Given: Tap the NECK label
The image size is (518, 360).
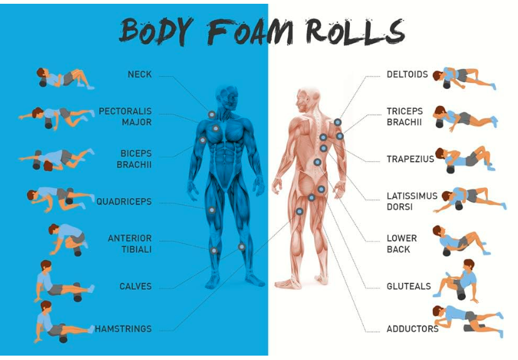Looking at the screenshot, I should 139,75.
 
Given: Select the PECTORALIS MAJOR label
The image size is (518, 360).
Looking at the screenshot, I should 125,117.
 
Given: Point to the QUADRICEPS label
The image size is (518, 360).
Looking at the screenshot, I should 124,202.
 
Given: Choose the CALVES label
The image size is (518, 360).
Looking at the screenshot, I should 135,287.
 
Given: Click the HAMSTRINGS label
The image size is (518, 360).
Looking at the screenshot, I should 123,329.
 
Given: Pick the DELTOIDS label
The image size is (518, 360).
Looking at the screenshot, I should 407,75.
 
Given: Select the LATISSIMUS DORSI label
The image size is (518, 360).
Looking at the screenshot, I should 411,201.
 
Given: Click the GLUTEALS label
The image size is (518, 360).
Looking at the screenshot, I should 408,287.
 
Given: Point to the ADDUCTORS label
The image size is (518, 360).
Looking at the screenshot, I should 412,329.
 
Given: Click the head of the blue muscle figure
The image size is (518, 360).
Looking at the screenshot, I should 226,96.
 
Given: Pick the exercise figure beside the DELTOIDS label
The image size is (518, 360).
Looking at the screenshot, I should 467,77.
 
